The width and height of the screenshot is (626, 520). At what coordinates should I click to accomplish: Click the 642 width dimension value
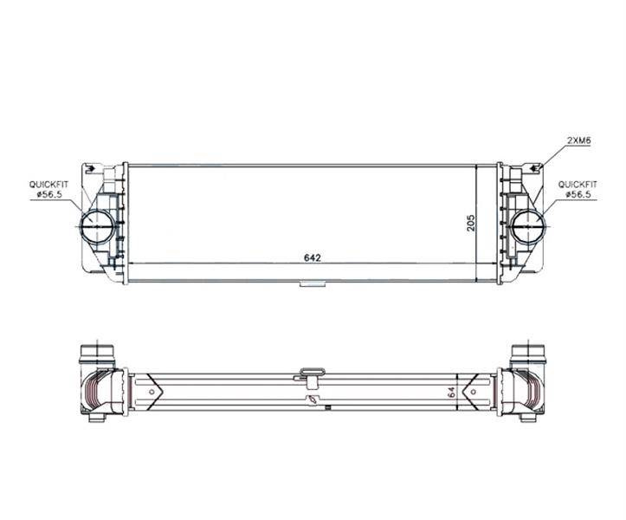tap(313, 257)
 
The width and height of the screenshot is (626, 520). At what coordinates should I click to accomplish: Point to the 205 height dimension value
tap(471, 223)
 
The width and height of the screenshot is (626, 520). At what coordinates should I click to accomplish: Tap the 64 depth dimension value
tap(452, 392)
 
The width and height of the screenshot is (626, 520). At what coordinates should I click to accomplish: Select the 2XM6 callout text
tap(579, 140)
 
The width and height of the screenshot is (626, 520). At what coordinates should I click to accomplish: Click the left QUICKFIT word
tap(48, 185)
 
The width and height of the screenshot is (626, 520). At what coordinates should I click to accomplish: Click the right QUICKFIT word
tap(578, 185)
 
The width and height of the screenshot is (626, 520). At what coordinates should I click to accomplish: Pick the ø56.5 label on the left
tap(52, 195)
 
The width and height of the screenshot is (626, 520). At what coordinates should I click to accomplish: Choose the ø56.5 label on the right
tap(581, 195)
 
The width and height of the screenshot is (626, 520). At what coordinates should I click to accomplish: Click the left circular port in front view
tap(97, 226)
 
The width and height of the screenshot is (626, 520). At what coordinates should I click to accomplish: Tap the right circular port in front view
tap(528, 226)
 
